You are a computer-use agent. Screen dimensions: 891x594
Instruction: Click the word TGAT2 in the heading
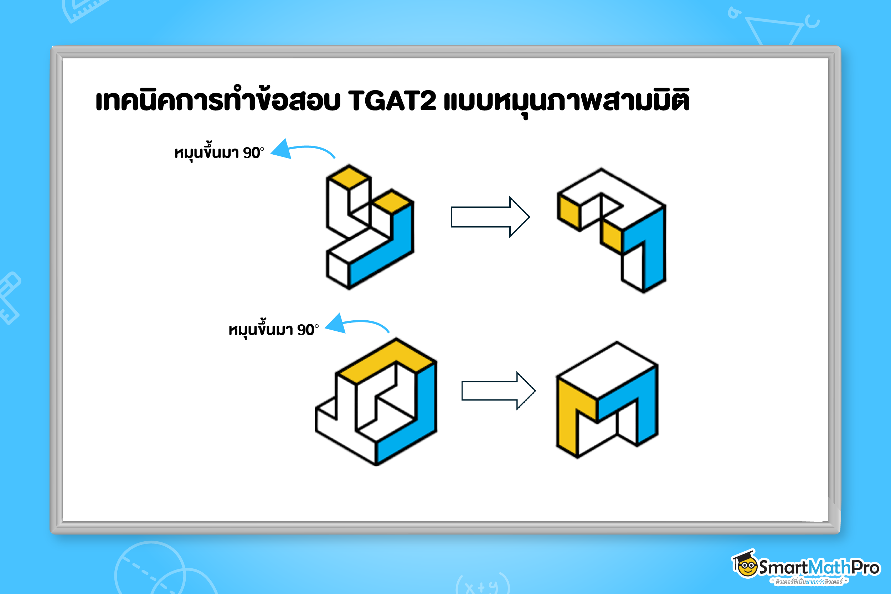point(392,101)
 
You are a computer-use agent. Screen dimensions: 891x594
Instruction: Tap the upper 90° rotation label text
point(219,152)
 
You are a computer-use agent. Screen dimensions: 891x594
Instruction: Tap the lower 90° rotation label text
point(273,329)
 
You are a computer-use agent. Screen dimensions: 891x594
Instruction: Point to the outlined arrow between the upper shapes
point(490,217)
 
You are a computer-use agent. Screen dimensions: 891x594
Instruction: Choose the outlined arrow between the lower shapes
point(499,391)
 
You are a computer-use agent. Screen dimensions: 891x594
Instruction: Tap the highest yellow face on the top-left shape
point(349,177)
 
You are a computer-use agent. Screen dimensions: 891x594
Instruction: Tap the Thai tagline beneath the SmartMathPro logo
point(808,581)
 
